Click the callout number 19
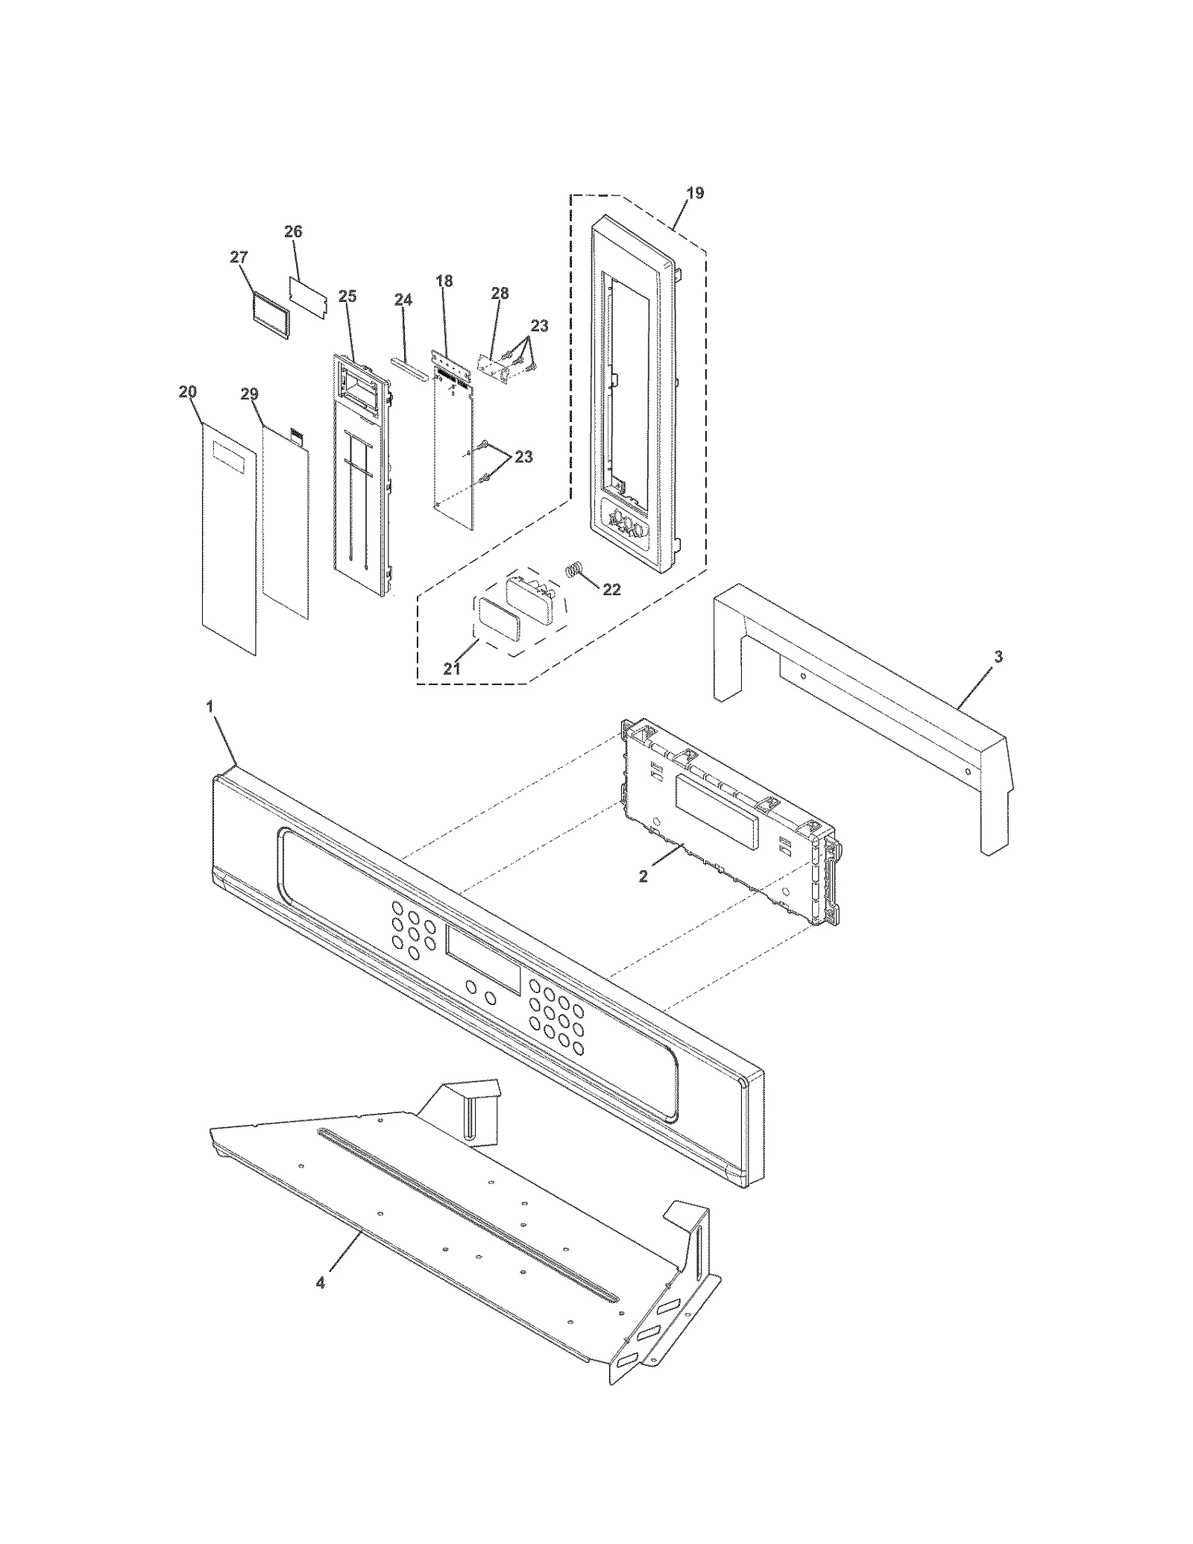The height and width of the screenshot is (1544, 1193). click(x=694, y=193)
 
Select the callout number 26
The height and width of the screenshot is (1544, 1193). click(x=293, y=231)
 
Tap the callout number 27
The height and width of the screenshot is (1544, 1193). click(x=238, y=257)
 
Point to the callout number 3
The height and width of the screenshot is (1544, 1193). click(x=998, y=657)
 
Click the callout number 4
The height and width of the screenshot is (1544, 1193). click(x=320, y=1283)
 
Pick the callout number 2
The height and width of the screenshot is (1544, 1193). click(x=643, y=876)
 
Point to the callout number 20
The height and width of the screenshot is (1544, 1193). click(x=187, y=392)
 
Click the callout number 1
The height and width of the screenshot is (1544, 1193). click(x=210, y=705)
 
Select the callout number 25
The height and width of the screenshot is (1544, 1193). click(x=347, y=296)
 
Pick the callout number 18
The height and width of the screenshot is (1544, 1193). click(x=444, y=281)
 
